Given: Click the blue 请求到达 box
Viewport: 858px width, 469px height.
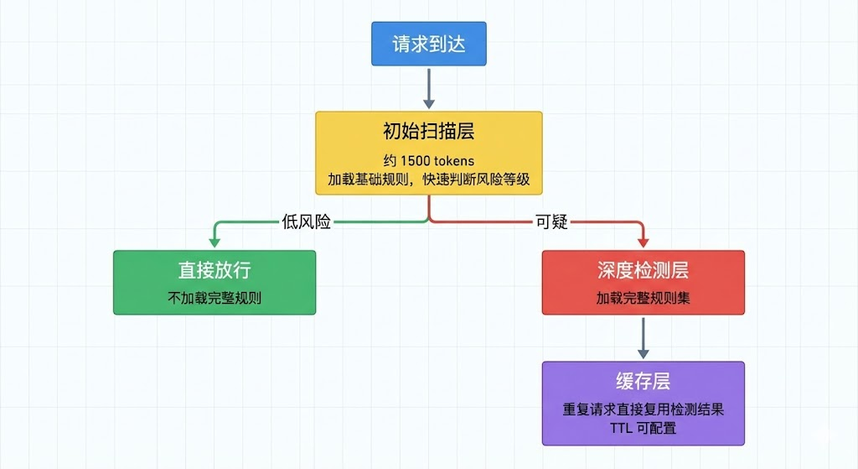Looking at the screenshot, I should [428, 44].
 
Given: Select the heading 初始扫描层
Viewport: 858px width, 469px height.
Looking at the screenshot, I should [428, 133].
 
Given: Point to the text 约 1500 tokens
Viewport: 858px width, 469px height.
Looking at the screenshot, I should [428, 160].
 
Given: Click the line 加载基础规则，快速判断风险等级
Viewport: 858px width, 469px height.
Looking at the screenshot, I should [428, 179].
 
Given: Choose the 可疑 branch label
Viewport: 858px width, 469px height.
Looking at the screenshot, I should [551, 222].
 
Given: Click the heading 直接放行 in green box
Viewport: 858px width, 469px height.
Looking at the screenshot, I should [214, 270].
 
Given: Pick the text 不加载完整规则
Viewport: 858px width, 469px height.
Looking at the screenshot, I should [214, 297].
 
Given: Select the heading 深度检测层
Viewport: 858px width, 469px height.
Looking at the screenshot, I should [643, 270].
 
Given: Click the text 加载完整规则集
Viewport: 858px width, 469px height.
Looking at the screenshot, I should [643, 297].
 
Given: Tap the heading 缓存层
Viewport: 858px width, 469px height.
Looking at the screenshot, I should [643, 382].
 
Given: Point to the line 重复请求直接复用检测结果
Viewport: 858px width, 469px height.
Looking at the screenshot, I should [643, 410].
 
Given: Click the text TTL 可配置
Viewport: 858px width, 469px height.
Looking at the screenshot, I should [643, 428].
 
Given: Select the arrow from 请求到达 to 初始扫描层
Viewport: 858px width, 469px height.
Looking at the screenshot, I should [428, 86].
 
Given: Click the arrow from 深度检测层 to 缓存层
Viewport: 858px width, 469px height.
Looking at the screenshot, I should [643, 337].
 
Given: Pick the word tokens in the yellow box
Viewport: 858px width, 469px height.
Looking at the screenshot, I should [454, 160].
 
